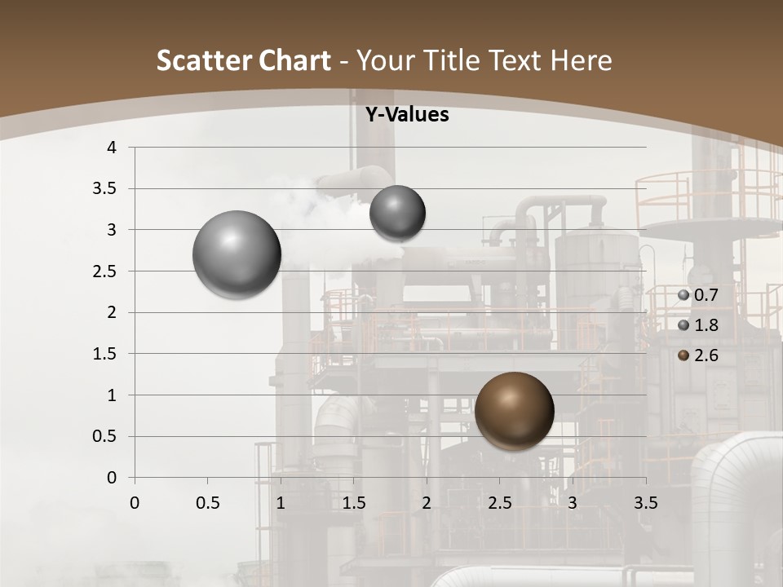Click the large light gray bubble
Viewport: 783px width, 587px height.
[237, 254]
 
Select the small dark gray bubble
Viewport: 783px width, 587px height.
[397, 213]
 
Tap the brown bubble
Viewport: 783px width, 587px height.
[514, 411]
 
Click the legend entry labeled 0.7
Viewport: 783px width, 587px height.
[698, 295]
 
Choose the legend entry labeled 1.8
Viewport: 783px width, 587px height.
[698, 325]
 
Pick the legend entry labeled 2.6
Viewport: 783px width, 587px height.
[698, 355]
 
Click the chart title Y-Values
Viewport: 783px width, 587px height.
[407, 115]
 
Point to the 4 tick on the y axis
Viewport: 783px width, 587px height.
[112, 148]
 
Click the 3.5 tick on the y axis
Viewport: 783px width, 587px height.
[106, 189]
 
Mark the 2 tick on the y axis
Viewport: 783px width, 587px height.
[112, 312]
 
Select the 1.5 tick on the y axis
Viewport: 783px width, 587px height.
[106, 354]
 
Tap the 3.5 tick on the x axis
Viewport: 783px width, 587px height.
[645, 503]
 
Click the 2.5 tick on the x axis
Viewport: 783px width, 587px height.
[499, 503]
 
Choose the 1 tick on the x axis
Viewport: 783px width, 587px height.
[281, 503]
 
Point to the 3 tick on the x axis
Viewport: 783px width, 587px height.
[573, 503]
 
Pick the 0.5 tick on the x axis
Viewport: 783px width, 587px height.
[207, 503]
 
